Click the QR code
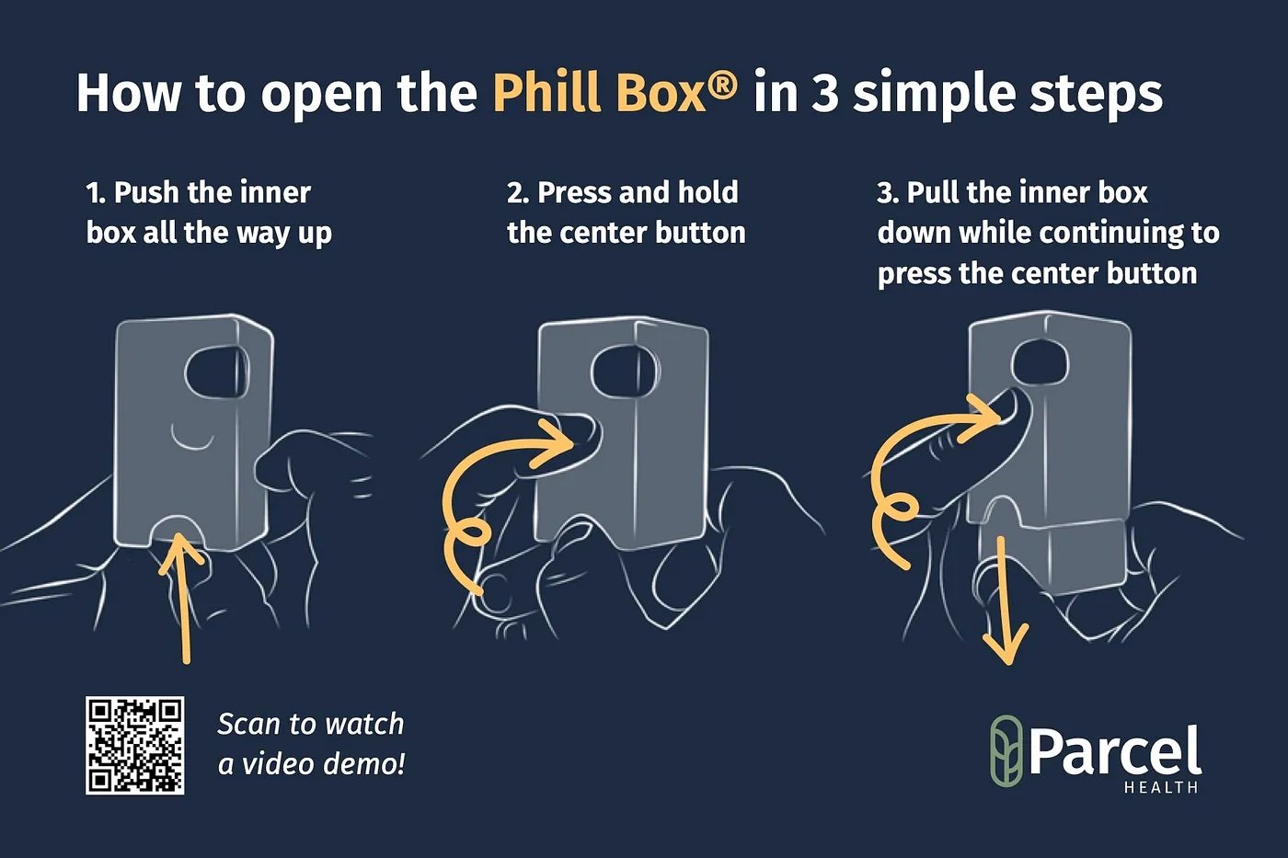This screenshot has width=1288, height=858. click(135, 745)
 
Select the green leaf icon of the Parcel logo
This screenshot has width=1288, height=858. click(1006, 751)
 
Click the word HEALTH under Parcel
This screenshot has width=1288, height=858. click(1161, 787)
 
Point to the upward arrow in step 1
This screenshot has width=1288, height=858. click(183, 589)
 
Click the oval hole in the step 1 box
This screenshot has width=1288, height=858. click(216, 372)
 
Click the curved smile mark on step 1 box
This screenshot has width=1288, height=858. click(195, 439)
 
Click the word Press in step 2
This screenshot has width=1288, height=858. click(574, 192)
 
